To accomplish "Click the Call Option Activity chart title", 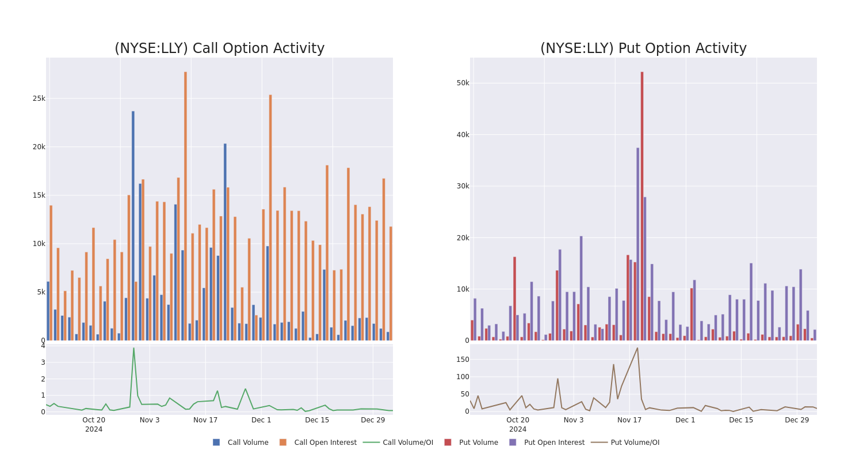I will (219, 48).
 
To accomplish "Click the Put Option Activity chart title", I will (643, 48).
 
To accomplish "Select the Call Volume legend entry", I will (240, 443).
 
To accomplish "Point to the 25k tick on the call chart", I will (39, 99).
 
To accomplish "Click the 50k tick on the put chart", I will (463, 83).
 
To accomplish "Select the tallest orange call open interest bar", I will (185, 206).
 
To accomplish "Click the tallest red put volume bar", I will (642, 206).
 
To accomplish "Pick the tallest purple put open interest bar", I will (637, 244).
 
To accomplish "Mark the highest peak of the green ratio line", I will (133, 348).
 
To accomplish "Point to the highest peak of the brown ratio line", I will (637, 348).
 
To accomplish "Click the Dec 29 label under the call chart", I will (373, 420).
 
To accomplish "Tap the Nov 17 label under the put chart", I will (629, 420).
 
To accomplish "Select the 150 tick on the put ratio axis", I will (462, 359).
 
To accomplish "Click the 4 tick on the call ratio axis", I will (43, 346).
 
